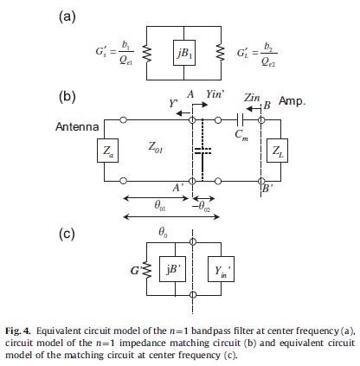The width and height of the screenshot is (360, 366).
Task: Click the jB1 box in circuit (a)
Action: click(184, 53)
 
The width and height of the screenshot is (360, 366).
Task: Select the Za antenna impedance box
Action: click(107, 151)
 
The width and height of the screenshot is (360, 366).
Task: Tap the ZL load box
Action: click(277, 151)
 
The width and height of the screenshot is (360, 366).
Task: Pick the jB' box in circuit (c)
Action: click(172, 268)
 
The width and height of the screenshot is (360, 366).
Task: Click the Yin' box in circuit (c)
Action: click(221, 268)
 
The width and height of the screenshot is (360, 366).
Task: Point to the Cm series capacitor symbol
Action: click(240, 119)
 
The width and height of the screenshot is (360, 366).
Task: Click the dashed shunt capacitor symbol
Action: click(202, 151)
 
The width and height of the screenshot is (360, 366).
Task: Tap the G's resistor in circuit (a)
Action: click(147, 53)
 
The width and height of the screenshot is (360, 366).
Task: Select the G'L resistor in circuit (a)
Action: click(221, 53)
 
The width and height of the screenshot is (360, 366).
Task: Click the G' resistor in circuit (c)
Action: click(149, 270)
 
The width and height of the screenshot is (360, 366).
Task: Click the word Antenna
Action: click(77, 127)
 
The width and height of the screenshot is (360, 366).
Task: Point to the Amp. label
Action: click(292, 101)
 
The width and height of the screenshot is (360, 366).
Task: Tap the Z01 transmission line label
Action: click(156, 147)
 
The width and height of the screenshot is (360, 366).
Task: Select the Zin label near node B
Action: click(252, 98)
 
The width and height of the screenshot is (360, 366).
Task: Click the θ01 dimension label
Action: click(160, 206)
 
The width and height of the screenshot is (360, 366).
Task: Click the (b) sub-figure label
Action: click(67, 96)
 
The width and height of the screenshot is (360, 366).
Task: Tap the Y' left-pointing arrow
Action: click(183, 113)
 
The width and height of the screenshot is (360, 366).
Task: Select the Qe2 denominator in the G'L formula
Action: click(268, 61)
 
